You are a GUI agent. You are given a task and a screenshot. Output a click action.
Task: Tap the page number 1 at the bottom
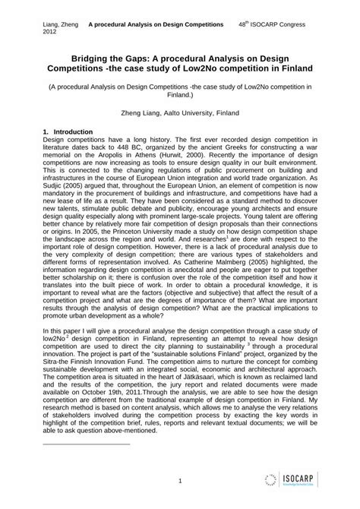180,480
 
